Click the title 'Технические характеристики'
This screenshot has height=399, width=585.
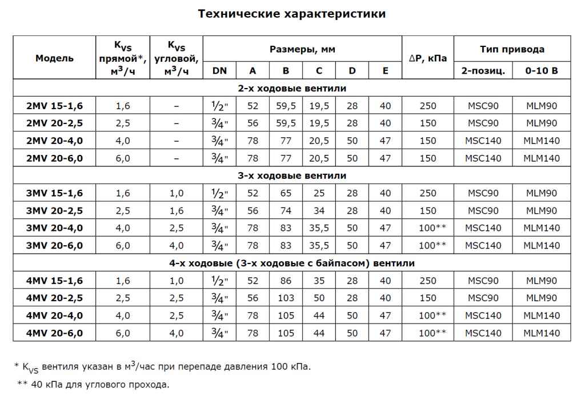pyautogui.click(x=292, y=14)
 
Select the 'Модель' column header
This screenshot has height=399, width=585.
pyautogui.click(x=54, y=58)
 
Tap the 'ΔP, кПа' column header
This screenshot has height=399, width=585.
pyautogui.click(x=428, y=58)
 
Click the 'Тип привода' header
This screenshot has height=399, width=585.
pyautogui.click(x=512, y=49)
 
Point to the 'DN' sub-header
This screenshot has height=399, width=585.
pyautogui.click(x=219, y=71)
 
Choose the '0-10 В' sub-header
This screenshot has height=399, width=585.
pyautogui.click(x=541, y=71)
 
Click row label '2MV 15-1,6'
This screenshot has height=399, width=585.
pyautogui.click(x=54, y=106)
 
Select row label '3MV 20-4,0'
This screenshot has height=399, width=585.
pyautogui.click(x=54, y=228)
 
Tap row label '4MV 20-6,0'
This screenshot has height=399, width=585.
pyautogui.click(x=54, y=333)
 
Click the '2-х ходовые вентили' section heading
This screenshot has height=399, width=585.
pyautogui.click(x=292, y=89)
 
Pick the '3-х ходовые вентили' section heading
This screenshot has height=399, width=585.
pyautogui.click(x=292, y=175)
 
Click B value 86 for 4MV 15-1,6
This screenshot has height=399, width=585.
pyautogui.click(x=286, y=281)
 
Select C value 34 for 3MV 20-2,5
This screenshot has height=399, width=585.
pyautogui.click(x=319, y=210)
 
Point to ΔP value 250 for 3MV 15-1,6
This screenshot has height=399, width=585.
pyautogui.click(x=428, y=193)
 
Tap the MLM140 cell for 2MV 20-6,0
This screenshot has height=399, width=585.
pyautogui.click(x=542, y=158)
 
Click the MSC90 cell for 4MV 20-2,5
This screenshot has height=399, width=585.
pyautogui.click(x=483, y=298)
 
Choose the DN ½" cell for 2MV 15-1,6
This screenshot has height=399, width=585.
pyautogui.click(x=219, y=106)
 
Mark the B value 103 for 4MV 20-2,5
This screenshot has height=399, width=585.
pyautogui.click(x=286, y=298)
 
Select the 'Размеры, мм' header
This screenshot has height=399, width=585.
pyautogui.click(x=302, y=49)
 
